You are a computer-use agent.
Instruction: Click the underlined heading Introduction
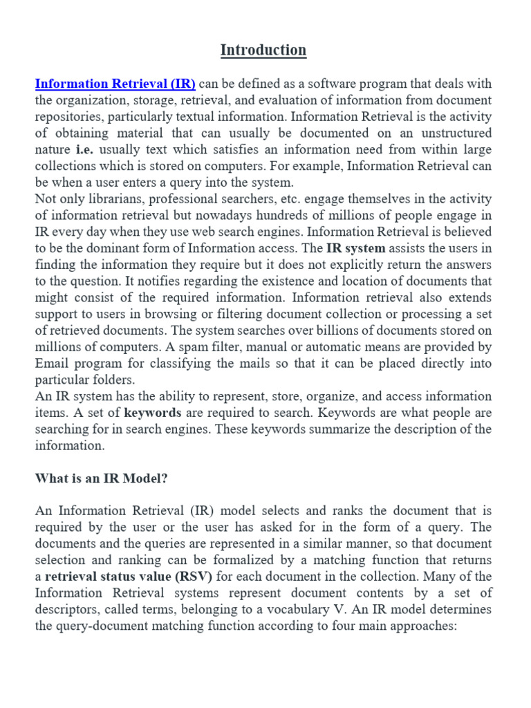pos(263,50)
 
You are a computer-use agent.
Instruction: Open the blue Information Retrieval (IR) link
pos(115,84)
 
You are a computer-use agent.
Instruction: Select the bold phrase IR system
pos(356,248)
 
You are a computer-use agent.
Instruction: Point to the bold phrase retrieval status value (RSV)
pos(129,577)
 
